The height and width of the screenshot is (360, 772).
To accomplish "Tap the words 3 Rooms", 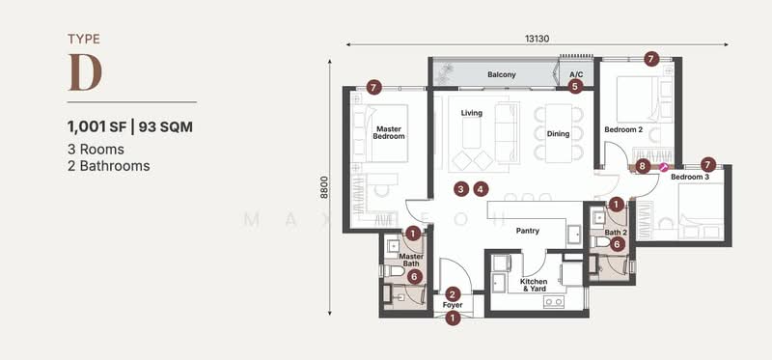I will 96,149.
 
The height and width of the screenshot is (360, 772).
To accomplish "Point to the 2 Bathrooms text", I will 108,165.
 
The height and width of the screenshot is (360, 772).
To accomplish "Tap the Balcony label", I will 501,74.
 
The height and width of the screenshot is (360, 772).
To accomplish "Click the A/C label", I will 576,74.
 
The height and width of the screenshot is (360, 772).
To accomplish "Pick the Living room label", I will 471,113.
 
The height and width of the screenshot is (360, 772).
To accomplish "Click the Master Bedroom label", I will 389,132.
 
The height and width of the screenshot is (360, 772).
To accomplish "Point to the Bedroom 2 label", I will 622,129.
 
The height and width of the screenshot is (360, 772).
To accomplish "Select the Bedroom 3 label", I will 689,178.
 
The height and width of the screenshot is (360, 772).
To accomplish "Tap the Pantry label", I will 526,231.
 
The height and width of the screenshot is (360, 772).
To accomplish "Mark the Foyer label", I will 452,306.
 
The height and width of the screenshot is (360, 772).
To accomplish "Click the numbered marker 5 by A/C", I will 576,86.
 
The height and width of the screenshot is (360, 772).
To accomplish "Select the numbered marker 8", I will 643,166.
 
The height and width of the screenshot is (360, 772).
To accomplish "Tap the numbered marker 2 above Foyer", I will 452,293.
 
